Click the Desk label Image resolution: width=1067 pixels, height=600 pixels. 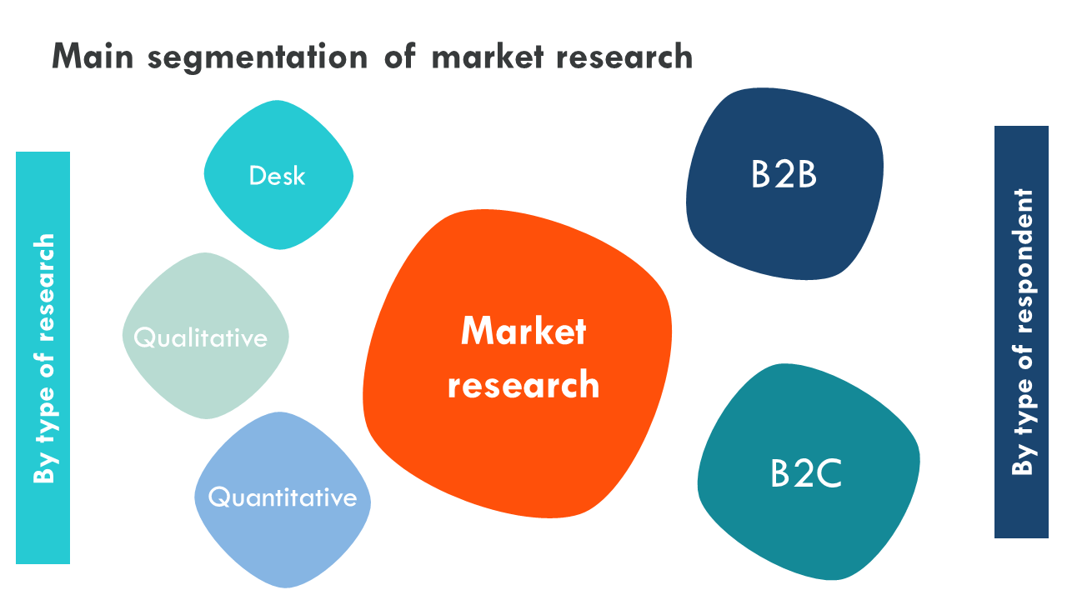[277, 176]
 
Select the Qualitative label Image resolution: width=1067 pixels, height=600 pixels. [201, 337]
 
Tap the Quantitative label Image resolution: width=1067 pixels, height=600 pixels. [282, 497]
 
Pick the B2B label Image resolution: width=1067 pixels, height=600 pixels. [784, 175]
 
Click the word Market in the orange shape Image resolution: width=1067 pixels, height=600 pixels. [523, 332]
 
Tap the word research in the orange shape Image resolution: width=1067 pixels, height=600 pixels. [523, 385]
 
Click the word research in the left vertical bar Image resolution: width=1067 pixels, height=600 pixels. [43, 287]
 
